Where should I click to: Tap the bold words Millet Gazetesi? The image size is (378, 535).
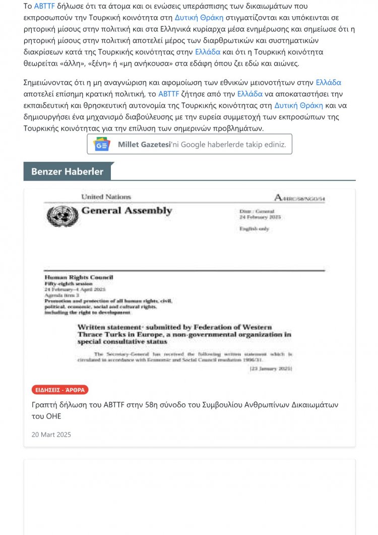[143, 145]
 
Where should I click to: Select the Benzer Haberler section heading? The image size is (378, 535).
[67, 171]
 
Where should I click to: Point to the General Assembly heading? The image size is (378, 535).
[127, 211]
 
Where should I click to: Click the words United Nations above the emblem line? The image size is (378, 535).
[106, 197]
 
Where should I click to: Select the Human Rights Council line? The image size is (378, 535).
[79, 277]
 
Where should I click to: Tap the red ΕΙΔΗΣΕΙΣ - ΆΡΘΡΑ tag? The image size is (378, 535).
[60, 389]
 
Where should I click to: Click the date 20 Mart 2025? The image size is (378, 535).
[51, 434]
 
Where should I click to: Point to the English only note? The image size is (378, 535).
[254, 229]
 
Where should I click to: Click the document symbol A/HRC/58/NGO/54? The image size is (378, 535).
[299, 198]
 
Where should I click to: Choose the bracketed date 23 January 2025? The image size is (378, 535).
[271, 369]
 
